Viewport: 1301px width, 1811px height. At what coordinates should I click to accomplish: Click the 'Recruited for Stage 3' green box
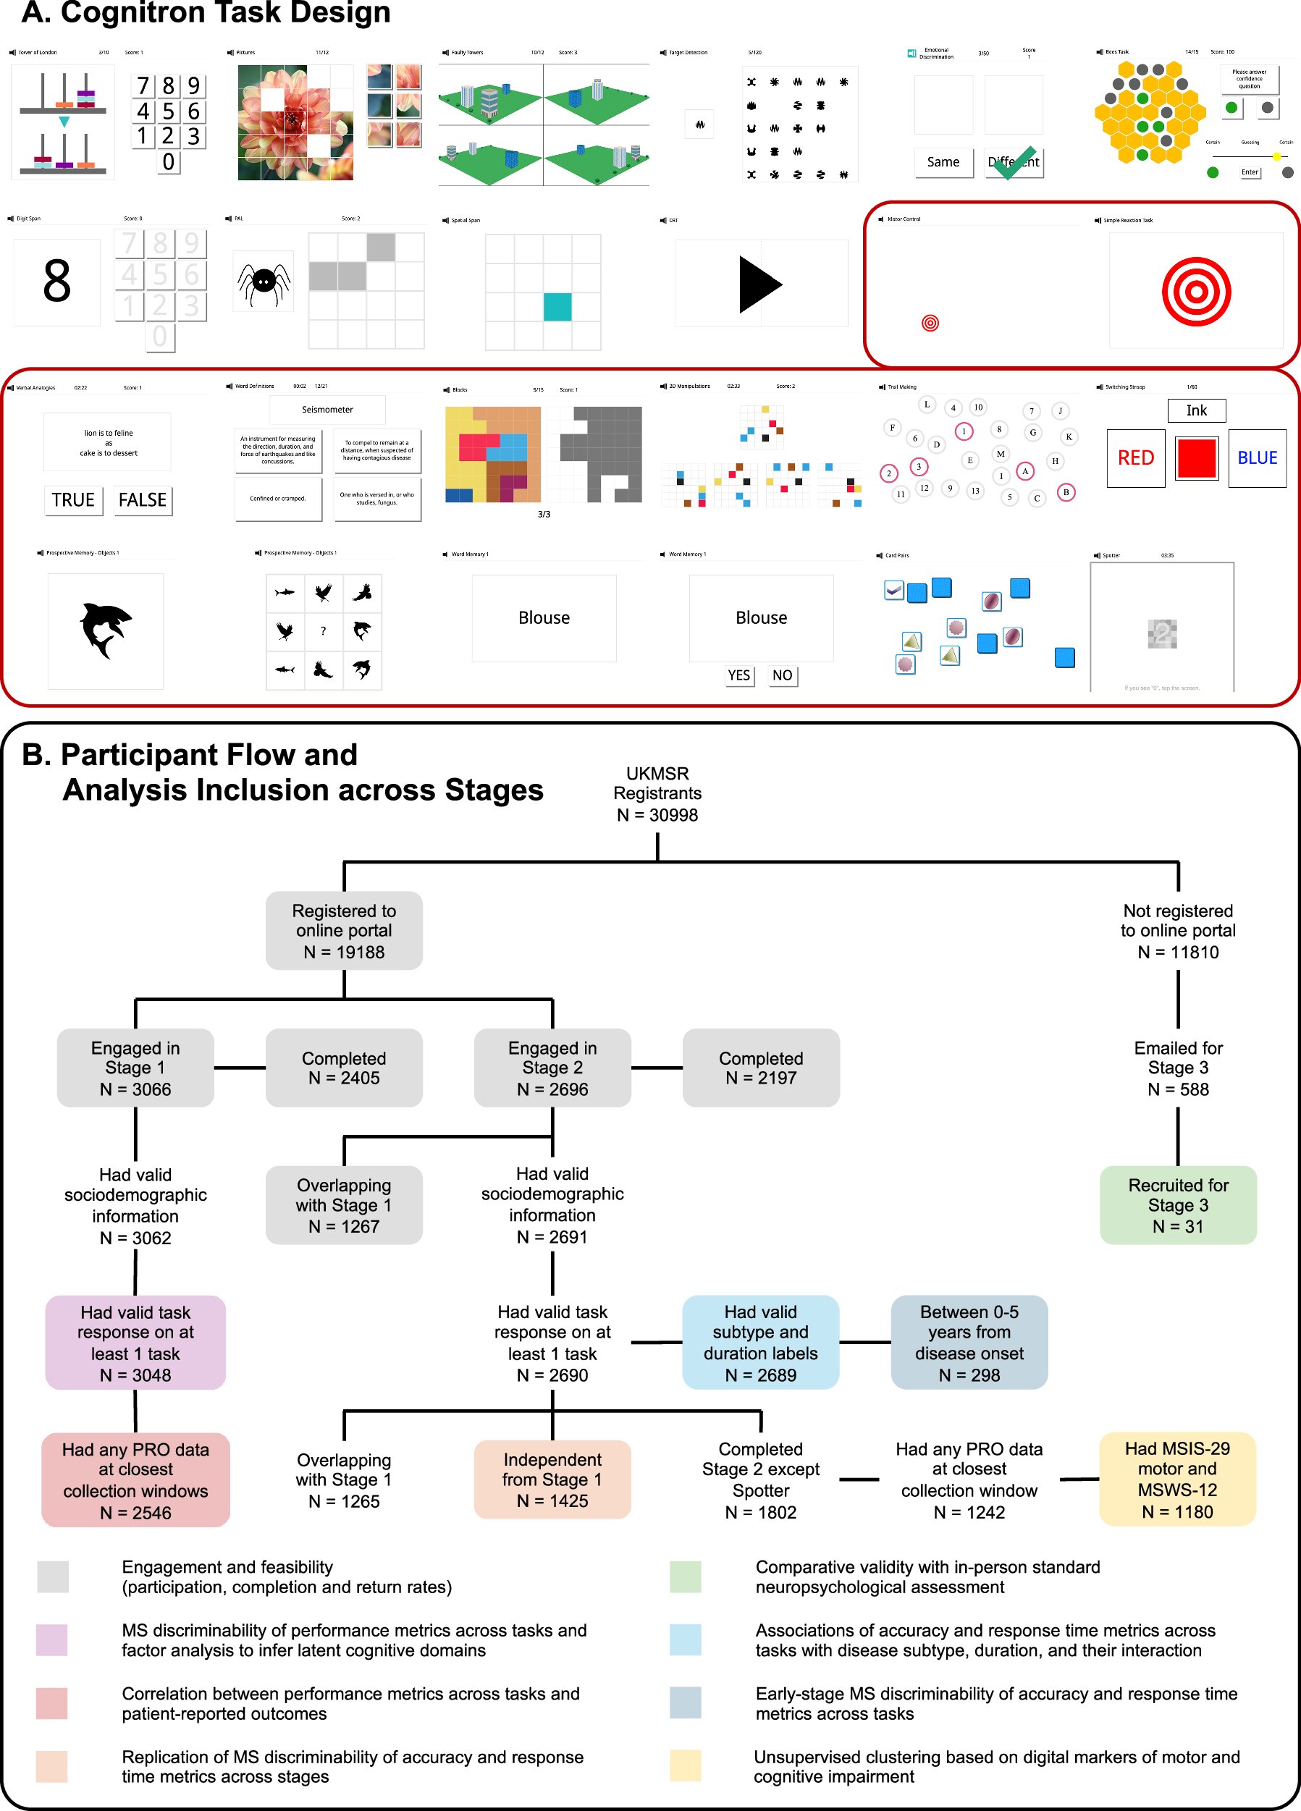coord(1177,1205)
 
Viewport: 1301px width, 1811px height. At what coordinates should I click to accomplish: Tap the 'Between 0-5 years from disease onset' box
coord(969,1342)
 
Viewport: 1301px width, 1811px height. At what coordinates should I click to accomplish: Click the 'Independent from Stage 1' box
coord(552,1479)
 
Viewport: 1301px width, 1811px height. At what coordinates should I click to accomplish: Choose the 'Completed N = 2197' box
coord(760,1068)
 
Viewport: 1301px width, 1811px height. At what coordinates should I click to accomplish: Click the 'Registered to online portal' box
coord(343,930)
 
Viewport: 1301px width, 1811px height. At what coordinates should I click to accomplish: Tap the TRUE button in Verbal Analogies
coord(72,500)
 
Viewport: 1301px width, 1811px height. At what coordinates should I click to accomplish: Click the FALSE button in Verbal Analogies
coord(142,500)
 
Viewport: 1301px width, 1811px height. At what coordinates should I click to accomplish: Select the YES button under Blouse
coord(738,675)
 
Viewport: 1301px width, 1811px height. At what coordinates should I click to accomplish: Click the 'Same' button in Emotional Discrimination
coord(943,162)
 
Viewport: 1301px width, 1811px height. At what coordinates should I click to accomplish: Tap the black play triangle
coord(759,284)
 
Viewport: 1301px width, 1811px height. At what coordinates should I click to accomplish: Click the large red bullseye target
coord(1195,292)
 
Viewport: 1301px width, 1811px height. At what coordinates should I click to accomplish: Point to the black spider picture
coord(263,282)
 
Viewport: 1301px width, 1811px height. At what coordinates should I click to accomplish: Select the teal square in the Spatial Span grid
coord(557,307)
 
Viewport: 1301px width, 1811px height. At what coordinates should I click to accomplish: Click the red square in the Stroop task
coord(1195,458)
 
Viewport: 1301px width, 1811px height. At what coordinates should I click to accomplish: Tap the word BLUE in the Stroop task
coord(1256,458)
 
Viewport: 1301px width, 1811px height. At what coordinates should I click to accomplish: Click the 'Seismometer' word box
coord(327,410)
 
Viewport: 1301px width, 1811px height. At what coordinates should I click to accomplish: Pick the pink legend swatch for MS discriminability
coord(52,1640)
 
